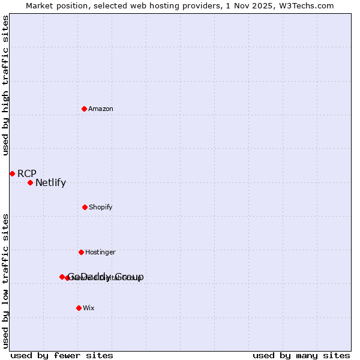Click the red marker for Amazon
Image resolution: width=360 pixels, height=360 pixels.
click(84, 109)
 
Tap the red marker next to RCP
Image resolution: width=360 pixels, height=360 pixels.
click(12, 173)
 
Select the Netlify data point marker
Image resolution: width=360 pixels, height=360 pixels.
click(30, 182)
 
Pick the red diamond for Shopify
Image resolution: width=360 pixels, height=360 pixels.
click(85, 207)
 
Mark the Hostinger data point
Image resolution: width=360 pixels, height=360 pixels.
click(81, 252)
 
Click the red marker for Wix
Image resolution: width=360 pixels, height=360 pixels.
click(79, 308)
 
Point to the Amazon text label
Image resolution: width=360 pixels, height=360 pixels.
click(101, 109)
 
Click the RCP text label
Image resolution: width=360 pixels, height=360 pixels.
click(27, 173)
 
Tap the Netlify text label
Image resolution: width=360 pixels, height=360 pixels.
click(50, 183)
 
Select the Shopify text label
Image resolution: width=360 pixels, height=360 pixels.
click(101, 207)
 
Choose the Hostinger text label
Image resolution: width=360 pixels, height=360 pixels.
click(100, 252)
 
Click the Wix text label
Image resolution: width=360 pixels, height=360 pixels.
click(89, 308)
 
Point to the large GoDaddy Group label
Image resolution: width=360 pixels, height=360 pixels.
click(106, 277)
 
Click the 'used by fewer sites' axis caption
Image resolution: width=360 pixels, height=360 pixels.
click(62, 355)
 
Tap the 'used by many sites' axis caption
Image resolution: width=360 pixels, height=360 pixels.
click(301, 355)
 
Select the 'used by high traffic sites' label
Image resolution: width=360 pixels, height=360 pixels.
click(6, 85)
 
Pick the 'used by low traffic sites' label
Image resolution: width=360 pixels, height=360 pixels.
click(6, 280)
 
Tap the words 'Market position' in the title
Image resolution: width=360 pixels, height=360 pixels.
click(52, 5)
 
